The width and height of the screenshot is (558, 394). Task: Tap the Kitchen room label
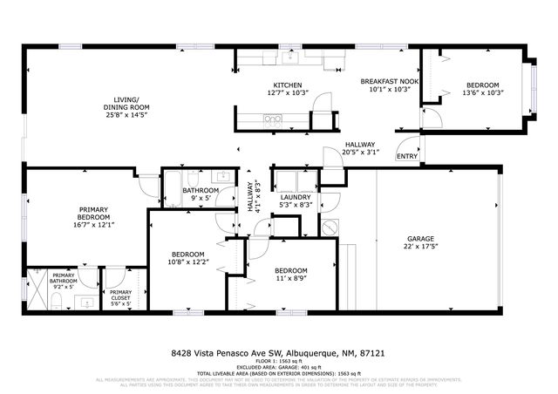tap(288, 85)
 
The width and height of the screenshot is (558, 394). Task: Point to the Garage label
tap(420, 239)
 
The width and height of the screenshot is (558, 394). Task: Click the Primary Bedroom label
tap(92, 214)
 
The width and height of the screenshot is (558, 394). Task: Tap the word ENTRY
tap(406, 156)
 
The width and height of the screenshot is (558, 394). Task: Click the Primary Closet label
tap(121, 295)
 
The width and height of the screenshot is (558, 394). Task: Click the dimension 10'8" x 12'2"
tap(187, 262)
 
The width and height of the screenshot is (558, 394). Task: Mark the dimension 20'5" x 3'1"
tap(359, 153)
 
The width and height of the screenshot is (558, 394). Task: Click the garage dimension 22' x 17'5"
tap(420, 248)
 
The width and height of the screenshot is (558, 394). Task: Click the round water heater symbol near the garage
tap(329, 226)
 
